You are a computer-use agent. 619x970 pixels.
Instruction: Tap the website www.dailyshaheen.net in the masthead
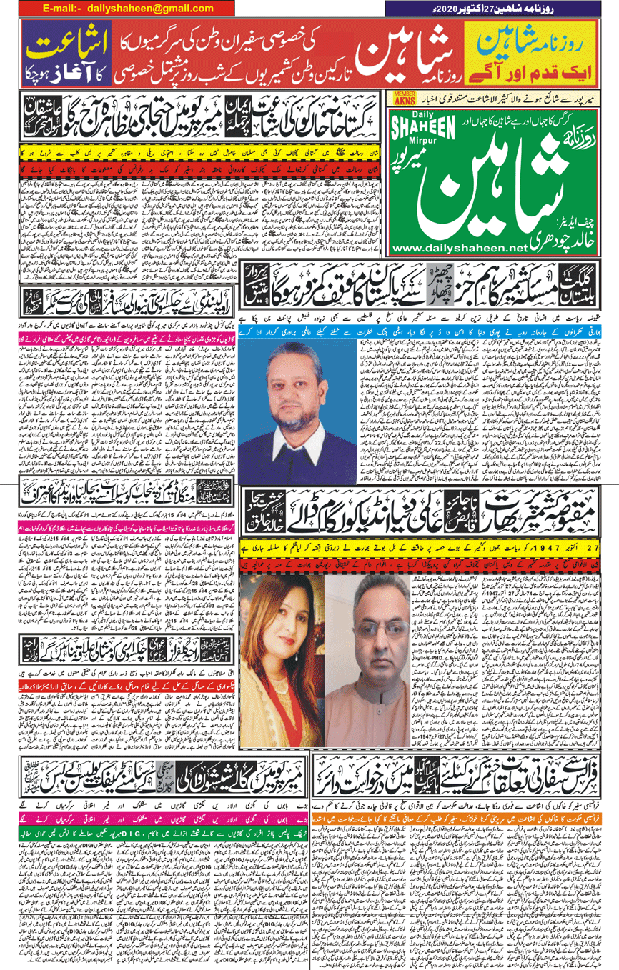(458, 247)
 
